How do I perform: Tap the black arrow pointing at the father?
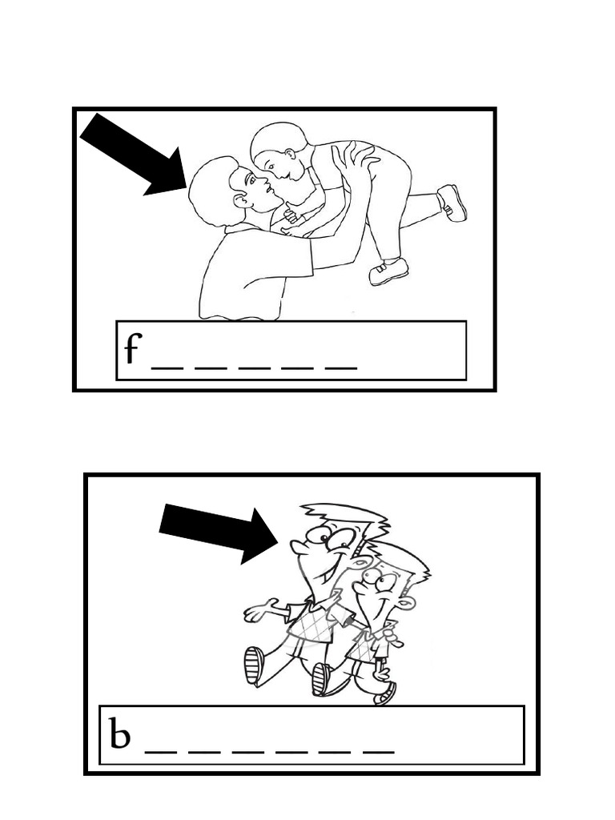click(x=134, y=155)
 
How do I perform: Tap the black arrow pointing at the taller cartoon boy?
click(x=219, y=533)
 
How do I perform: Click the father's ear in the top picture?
click(x=241, y=201)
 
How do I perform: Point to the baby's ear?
click(x=289, y=155)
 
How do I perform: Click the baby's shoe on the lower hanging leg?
click(x=388, y=271)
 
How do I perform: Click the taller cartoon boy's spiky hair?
click(x=346, y=518)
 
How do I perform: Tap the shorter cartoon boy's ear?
click(x=406, y=604)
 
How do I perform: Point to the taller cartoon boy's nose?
click(x=298, y=546)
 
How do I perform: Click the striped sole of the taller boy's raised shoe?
click(x=254, y=665)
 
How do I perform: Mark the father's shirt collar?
click(x=238, y=228)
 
